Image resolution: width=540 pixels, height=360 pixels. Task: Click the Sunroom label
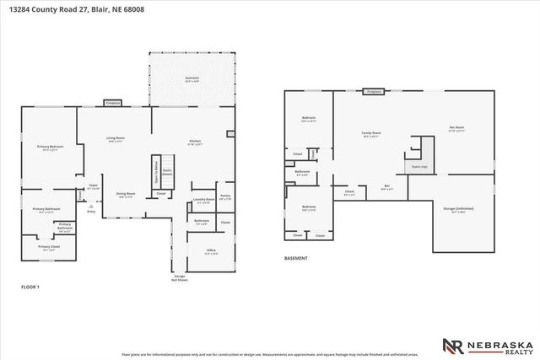pos(192,78)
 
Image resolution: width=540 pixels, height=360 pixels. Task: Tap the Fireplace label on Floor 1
pos(113,102)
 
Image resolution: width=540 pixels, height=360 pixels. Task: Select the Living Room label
pos(115,139)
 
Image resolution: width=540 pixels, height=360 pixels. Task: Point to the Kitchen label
pos(195,142)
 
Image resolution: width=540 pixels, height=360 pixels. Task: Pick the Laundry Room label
pos(204,201)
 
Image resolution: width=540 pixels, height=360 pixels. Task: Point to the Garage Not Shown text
pos(179,277)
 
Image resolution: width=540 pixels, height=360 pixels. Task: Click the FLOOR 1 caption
pos(30,287)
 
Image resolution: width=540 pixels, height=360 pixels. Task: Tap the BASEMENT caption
pos(295,258)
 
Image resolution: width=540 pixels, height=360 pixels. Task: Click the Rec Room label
pos(456,128)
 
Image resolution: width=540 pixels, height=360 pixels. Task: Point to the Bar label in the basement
pos(387,186)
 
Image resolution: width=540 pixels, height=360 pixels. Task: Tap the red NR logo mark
pos(451,346)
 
